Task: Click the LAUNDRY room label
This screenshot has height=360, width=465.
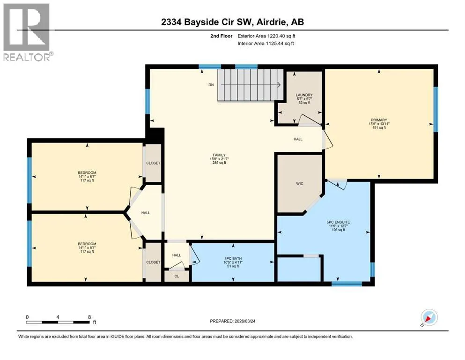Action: click(304, 95)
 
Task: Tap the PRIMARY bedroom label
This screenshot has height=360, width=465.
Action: click(379, 120)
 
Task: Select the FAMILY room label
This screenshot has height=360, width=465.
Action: click(219, 155)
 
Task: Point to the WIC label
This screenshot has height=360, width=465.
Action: click(300, 183)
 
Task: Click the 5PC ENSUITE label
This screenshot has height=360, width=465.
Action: click(339, 222)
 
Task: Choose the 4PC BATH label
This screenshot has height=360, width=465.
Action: click(233, 258)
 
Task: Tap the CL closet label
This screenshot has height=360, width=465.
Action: click(177, 276)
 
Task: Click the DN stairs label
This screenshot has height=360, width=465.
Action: click(211, 85)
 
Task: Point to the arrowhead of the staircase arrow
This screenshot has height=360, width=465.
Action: click(279, 85)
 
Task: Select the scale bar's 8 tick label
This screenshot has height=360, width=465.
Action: click(89, 317)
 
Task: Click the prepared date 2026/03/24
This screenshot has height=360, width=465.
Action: click(245, 321)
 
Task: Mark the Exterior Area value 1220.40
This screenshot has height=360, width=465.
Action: click(277, 36)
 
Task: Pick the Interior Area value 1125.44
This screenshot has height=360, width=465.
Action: click(275, 43)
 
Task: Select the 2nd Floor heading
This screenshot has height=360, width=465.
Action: click(221, 36)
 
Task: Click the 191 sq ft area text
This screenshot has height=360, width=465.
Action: click(379, 127)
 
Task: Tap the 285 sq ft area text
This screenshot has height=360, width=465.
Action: click(219, 163)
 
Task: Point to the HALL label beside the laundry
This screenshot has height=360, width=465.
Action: click(298, 139)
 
